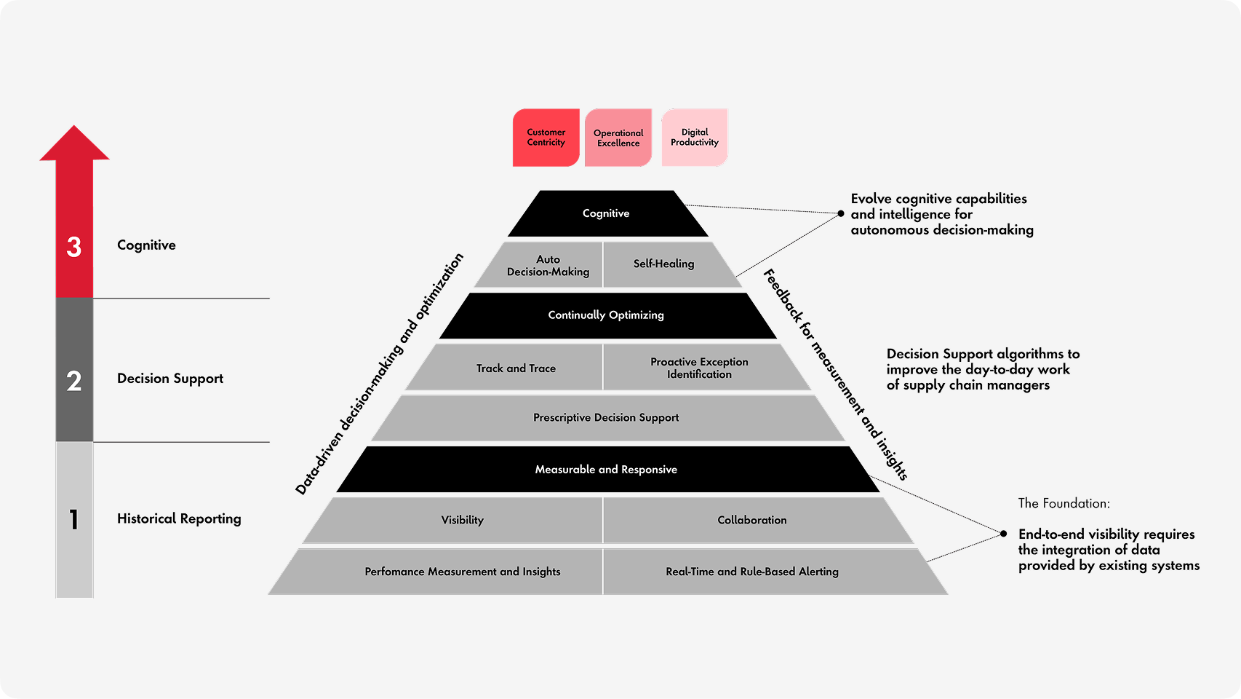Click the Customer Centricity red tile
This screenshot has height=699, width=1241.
(x=546, y=138)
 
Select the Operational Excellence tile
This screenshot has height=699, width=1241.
(x=618, y=138)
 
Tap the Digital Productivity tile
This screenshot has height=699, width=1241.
(x=695, y=138)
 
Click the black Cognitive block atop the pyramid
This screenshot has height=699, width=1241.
(x=607, y=213)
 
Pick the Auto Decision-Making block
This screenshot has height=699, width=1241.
(x=548, y=265)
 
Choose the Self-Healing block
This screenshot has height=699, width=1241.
(x=663, y=264)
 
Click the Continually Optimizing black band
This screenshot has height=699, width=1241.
(x=607, y=315)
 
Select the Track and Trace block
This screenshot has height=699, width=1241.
(x=516, y=368)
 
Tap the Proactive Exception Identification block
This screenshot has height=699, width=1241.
(x=699, y=368)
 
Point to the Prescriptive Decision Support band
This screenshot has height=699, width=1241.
(x=607, y=418)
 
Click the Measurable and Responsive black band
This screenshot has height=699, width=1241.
(x=607, y=470)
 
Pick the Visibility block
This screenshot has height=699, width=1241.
(x=462, y=520)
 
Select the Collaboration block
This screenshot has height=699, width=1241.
(x=752, y=520)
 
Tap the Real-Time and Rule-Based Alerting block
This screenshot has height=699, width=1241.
(x=752, y=572)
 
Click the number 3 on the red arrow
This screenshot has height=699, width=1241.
(x=74, y=247)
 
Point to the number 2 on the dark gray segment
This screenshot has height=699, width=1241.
(x=74, y=381)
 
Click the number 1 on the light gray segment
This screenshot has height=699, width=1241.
(x=74, y=519)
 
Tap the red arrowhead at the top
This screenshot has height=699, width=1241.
(x=74, y=144)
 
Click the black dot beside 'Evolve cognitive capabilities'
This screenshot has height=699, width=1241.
(x=841, y=213)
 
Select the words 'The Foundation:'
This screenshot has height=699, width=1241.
(x=1064, y=503)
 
